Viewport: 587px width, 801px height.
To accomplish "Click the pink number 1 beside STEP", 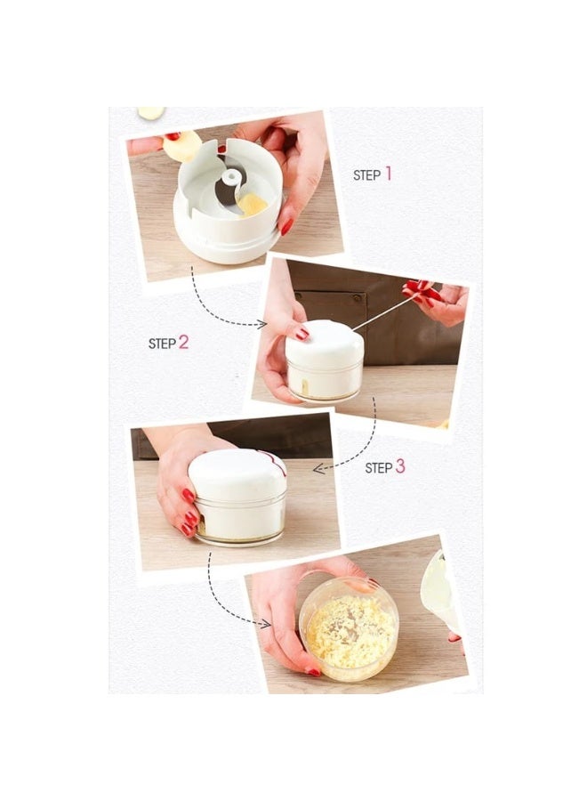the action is pyautogui.click(x=389, y=174).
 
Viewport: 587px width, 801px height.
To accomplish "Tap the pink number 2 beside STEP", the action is pyautogui.click(x=184, y=343).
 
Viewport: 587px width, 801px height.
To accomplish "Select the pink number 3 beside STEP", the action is pyautogui.click(x=400, y=466).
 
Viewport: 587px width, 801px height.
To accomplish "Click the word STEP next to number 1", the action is pyautogui.click(x=367, y=175).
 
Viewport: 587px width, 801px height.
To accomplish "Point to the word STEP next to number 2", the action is pyautogui.click(x=162, y=344).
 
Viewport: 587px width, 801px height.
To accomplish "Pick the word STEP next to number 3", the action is pyautogui.click(x=379, y=468).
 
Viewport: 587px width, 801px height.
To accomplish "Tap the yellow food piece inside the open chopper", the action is pyautogui.click(x=252, y=205).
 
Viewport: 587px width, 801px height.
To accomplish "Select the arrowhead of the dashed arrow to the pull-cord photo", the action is pyautogui.click(x=261, y=323).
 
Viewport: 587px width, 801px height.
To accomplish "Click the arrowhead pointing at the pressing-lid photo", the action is pyautogui.click(x=319, y=468).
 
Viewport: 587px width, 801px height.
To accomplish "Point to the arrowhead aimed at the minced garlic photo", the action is pyautogui.click(x=265, y=623).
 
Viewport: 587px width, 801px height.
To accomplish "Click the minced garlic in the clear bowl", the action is pyautogui.click(x=350, y=632).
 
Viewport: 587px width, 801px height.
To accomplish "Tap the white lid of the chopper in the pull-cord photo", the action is pyautogui.click(x=325, y=344).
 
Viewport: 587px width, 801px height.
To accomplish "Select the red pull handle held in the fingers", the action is pyautogui.click(x=422, y=290).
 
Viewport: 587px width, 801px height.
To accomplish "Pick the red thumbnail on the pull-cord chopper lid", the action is pyautogui.click(x=302, y=334).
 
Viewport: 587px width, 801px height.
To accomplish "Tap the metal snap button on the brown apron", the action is pyautogui.click(x=356, y=296).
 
